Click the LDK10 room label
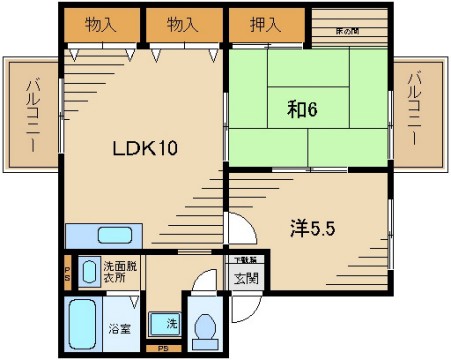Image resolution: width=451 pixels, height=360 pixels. [144, 150]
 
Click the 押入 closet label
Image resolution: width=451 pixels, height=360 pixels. [265, 23]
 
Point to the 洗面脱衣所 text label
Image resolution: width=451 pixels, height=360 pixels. [119, 271]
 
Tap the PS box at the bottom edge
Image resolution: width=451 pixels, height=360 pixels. [162, 348]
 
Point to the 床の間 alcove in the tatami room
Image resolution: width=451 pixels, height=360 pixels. [347, 29]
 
